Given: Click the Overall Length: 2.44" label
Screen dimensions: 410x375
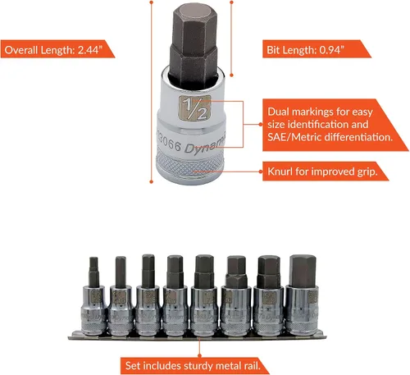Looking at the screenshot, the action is (x=53, y=50).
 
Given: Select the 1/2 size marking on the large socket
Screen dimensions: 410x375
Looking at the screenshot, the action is (x=194, y=108).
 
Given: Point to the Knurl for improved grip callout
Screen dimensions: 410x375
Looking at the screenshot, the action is (x=322, y=171).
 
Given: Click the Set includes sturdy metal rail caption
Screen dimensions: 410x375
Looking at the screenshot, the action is (x=193, y=366).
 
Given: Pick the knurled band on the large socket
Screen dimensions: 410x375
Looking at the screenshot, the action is (x=190, y=164).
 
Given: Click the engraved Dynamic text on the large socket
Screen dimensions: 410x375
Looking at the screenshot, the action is (x=205, y=146).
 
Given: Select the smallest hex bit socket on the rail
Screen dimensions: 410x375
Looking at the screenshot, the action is (x=93, y=296).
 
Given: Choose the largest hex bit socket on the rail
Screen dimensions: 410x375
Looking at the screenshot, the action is (x=303, y=295).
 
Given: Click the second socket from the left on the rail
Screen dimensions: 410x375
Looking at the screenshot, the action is (x=121, y=296).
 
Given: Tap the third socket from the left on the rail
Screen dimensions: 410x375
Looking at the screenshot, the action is (x=148, y=295).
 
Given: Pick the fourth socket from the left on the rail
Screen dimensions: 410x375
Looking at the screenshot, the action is (x=175, y=295).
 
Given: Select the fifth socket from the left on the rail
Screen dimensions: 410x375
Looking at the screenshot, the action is (x=205, y=295).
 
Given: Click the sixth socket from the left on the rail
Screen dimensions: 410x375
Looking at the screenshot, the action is (x=236, y=295).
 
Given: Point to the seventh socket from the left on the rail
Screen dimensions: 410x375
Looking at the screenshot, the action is (x=269, y=295).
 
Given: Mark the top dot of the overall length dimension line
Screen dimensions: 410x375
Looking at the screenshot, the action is (x=152, y=2).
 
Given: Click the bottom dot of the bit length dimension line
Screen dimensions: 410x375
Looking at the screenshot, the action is (x=231, y=75).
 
